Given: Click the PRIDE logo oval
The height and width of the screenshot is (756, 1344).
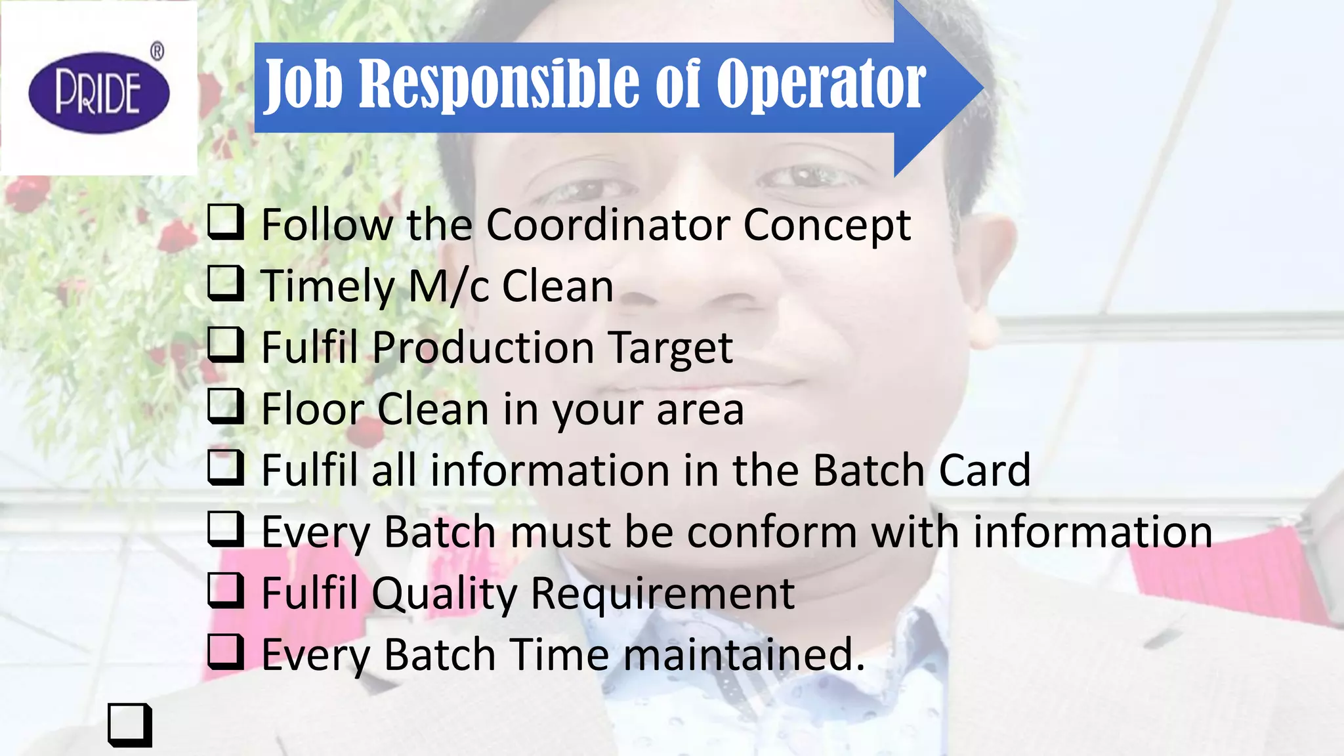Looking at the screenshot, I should click(x=99, y=93).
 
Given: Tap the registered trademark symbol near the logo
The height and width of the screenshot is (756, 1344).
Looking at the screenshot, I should click(x=157, y=51).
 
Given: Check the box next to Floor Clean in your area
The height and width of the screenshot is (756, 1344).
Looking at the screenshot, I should click(x=226, y=406).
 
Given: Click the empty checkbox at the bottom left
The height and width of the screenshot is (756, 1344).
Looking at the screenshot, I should click(x=129, y=725).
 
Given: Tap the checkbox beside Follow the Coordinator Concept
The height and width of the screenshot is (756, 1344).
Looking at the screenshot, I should click(x=226, y=222).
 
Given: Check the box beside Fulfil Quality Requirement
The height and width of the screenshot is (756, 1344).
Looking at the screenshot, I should click(x=226, y=590).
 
